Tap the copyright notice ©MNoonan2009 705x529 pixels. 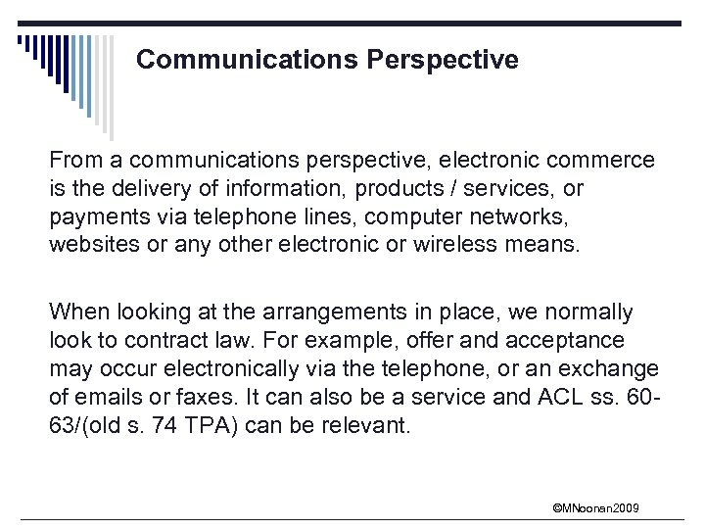(x=595, y=507)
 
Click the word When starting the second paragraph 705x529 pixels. (x=79, y=313)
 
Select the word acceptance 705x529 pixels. (x=576, y=341)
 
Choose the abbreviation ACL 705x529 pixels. (x=565, y=398)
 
